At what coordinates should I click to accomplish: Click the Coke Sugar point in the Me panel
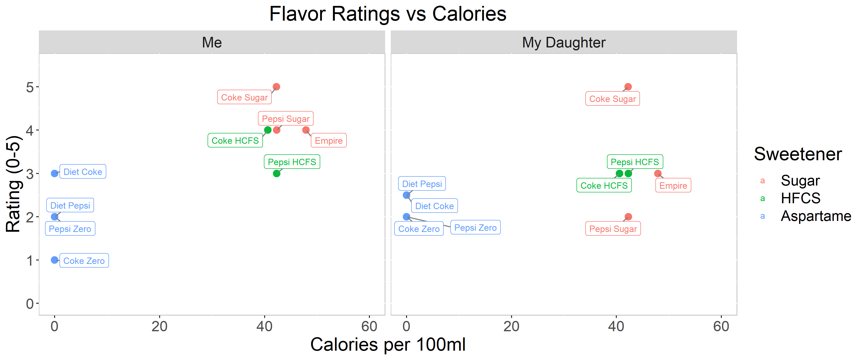276,87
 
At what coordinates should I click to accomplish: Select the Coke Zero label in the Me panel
84,260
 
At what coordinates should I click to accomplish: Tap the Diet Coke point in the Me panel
55,173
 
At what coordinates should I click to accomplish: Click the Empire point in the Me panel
306,130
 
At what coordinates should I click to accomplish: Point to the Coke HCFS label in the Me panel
235,140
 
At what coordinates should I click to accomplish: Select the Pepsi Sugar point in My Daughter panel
628,217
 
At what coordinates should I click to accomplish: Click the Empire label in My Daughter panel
673,185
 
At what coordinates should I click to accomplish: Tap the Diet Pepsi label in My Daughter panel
422,184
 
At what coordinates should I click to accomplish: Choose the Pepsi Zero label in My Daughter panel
476,227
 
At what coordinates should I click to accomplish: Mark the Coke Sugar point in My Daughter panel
628,87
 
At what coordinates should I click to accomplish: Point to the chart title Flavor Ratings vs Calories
388,14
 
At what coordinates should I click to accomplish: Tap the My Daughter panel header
564,43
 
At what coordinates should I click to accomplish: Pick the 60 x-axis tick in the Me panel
369,326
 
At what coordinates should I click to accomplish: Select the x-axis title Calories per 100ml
388,344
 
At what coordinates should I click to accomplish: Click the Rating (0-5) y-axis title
13,184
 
